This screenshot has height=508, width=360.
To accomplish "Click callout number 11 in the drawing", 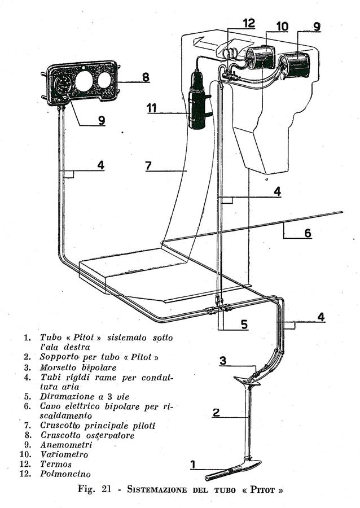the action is (152, 108).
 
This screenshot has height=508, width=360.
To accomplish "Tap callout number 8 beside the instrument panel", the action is (146, 77).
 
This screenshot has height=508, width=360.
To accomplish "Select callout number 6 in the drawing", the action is (308, 233).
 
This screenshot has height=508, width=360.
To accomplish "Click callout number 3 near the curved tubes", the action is (223, 361).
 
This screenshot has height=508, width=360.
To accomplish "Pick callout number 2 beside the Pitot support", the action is (216, 412).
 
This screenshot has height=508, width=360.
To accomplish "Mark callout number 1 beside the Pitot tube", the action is (193, 465).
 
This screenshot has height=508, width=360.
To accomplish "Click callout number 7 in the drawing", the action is (148, 166).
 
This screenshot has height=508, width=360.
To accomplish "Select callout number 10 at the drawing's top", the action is (282, 26).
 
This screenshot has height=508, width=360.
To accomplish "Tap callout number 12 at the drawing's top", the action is (249, 23).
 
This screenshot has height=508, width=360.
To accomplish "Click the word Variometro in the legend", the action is (64, 454).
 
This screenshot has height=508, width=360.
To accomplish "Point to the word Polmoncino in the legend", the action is (65, 474).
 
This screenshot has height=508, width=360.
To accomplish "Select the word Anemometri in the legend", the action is (66, 445).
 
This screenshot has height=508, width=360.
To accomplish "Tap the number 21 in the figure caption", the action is (106, 489).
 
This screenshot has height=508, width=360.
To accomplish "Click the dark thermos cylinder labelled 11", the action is (197, 100).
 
